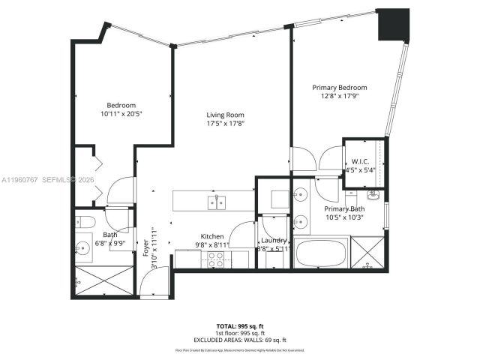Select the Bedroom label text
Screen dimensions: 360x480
(121, 105)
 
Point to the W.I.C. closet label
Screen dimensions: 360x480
(358, 161)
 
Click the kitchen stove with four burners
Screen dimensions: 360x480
(216, 259)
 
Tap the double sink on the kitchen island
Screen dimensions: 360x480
(218, 201)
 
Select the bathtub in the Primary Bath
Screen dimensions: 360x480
(321, 253)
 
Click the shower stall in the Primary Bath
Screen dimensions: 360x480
(367, 253)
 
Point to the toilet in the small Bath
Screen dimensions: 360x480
(85, 223)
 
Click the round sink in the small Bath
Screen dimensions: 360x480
(82, 245)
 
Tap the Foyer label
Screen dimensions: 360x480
(145, 247)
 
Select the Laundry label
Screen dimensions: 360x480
(274, 240)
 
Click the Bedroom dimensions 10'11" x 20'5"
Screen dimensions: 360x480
(121, 114)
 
